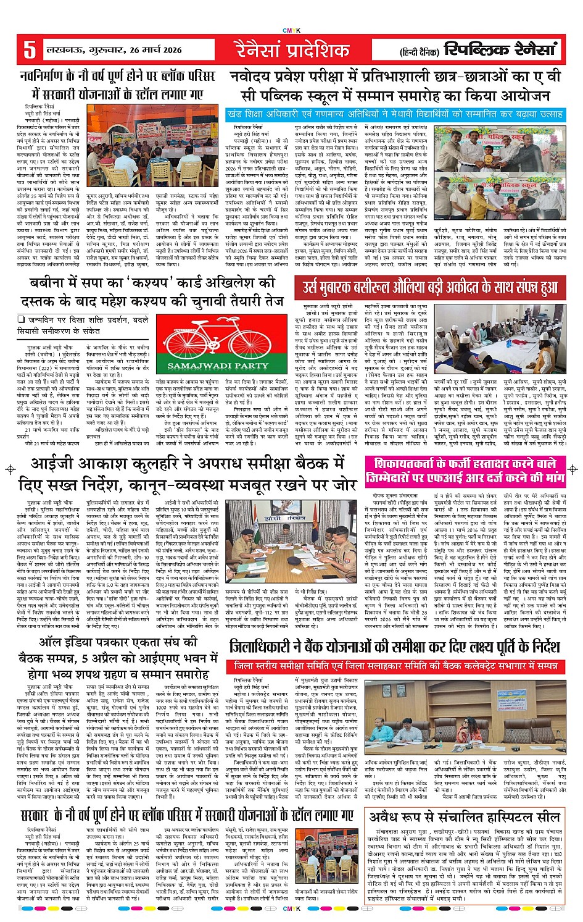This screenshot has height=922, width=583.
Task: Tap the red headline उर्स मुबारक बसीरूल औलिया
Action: (x=430, y=287)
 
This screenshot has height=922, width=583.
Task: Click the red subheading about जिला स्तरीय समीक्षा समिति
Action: (x=392, y=666)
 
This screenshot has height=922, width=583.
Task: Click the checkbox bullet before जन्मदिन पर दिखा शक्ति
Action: (x=22, y=319)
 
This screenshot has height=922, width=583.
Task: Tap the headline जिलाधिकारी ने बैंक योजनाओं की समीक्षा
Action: (x=394, y=647)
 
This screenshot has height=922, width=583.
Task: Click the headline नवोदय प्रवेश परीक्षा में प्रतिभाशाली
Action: (x=395, y=86)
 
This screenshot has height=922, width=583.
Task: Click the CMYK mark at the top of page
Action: (x=291, y=30)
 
